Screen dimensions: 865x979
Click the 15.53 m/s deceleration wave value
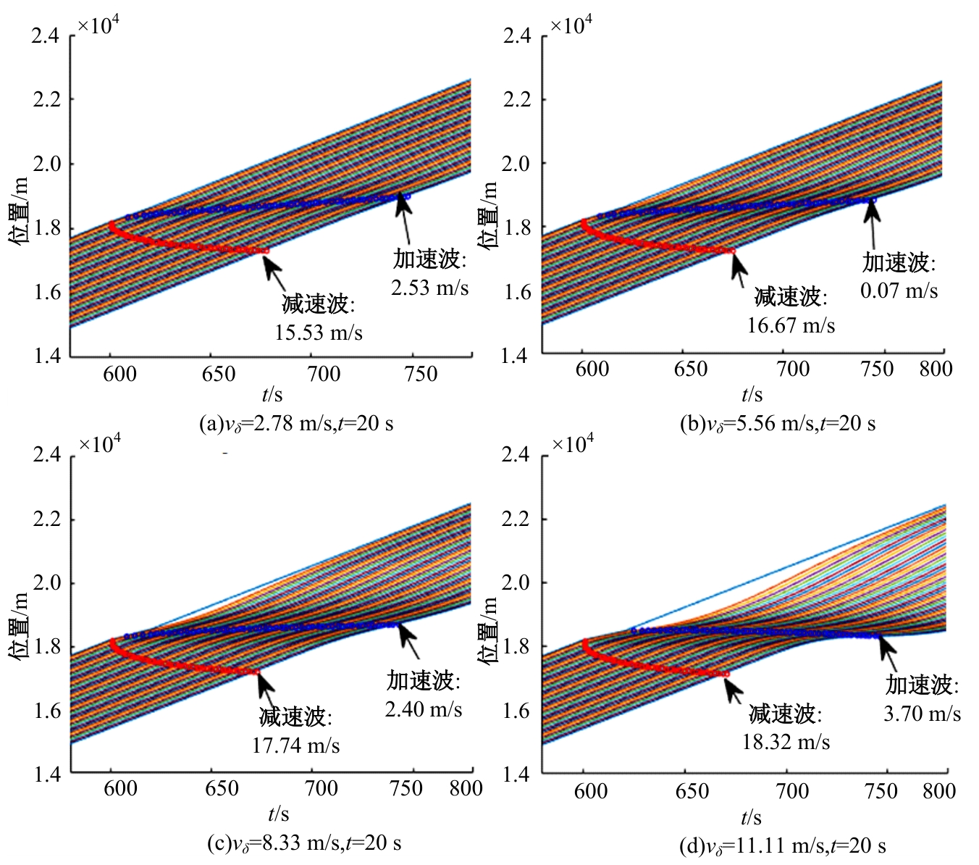(x=319, y=333)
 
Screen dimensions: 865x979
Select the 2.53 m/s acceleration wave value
(x=430, y=288)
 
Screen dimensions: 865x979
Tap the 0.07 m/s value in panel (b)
(x=899, y=291)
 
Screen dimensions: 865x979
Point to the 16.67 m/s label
(x=791, y=325)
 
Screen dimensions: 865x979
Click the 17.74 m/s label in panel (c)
(x=295, y=745)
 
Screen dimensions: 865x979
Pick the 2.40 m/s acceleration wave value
(x=423, y=709)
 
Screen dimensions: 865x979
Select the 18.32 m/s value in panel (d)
(x=786, y=741)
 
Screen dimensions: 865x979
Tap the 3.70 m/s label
(x=922, y=714)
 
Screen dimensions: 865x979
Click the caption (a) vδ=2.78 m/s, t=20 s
(x=296, y=423)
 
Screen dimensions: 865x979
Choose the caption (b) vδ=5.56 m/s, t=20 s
(x=777, y=423)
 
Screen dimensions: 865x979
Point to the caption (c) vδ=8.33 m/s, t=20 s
(x=303, y=843)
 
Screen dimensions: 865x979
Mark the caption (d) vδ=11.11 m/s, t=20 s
(x=782, y=845)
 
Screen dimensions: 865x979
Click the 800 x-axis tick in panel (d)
(x=938, y=790)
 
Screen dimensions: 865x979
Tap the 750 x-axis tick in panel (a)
(x=421, y=374)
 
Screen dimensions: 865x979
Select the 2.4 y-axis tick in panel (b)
(x=516, y=35)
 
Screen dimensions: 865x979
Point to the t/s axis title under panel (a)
(x=272, y=394)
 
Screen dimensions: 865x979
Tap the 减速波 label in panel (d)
(x=785, y=714)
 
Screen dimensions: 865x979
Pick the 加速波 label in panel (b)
(x=898, y=262)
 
